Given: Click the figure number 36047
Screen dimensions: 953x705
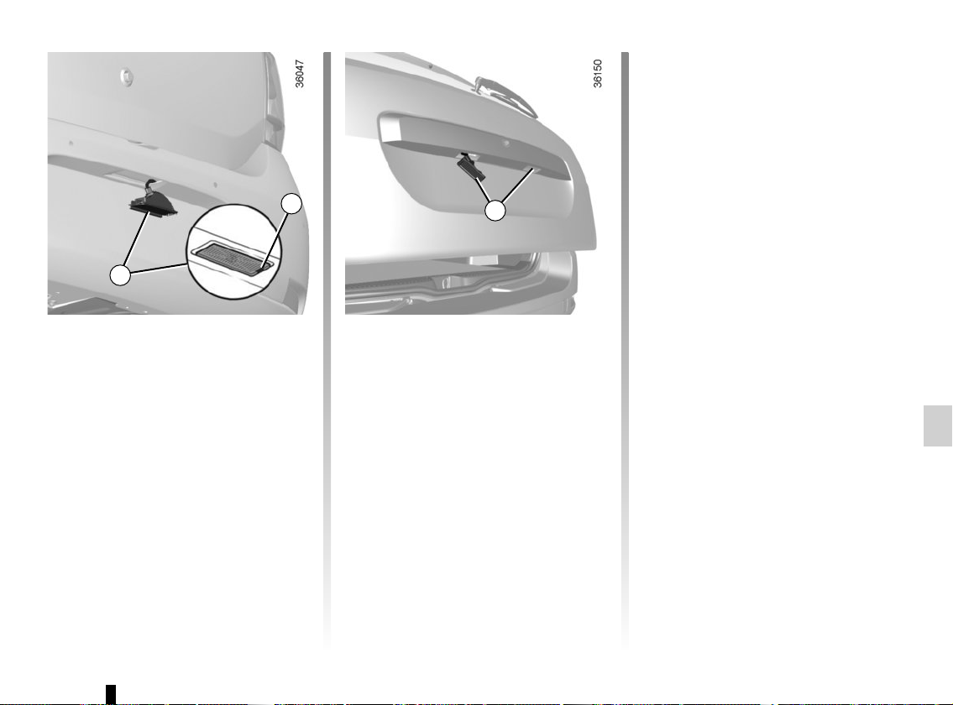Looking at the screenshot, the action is (x=300, y=73).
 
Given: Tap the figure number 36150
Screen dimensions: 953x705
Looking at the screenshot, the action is (x=598, y=73).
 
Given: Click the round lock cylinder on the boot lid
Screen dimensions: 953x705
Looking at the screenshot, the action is (x=127, y=76).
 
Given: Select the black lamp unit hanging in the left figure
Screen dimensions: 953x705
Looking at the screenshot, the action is (x=152, y=201).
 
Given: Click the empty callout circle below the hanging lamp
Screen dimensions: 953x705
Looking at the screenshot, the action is (x=120, y=274).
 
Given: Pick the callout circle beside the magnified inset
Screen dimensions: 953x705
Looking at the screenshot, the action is (x=291, y=204).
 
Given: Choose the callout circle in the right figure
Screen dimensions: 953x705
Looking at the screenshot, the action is (x=495, y=211).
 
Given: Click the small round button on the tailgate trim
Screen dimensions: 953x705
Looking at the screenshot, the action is (x=505, y=144).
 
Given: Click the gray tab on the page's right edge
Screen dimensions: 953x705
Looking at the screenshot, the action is (x=938, y=426).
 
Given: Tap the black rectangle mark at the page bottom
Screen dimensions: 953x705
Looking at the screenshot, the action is (x=111, y=694).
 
